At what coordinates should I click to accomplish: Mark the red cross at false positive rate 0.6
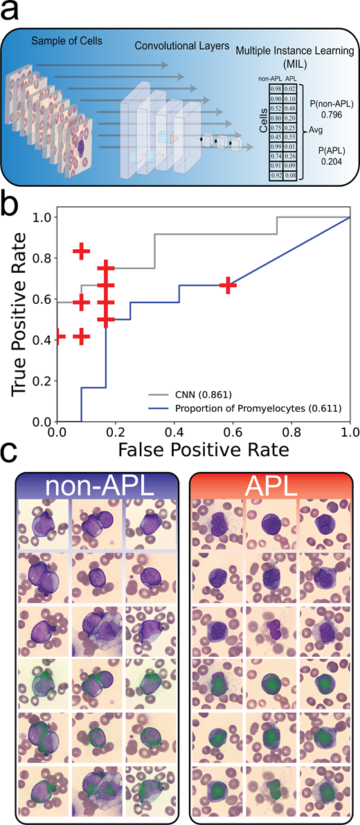[x=227, y=285]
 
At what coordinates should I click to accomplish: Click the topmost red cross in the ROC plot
[x=82, y=251]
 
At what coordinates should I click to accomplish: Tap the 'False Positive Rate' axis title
[x=204, y=451]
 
